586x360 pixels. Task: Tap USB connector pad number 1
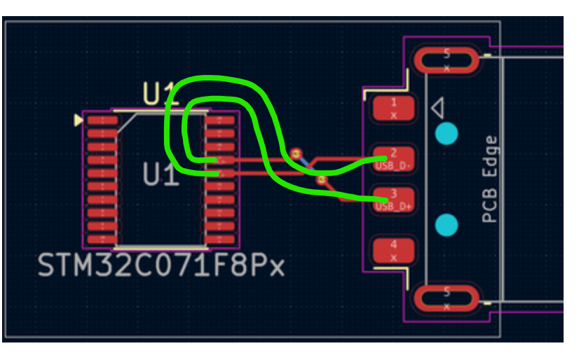click(x=393, y=108)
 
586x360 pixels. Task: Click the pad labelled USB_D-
click(x=393, y=159)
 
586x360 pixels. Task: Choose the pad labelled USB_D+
click(x=393, y=200)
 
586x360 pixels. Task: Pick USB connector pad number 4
click(x=393, y=250)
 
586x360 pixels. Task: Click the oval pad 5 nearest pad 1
click(x=447, y=60)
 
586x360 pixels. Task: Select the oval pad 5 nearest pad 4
click(x=447, y=299)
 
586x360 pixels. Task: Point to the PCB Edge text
click(x=490, y=179)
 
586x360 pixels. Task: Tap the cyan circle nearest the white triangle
click(x=446, y=133)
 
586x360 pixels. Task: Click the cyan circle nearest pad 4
click(x=446, y=226)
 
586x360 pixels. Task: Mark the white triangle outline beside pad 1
click(x=437, y=109)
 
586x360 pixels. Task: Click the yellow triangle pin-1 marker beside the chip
click(x=78, y=120)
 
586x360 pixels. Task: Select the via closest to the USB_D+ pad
click(x=322, y=180)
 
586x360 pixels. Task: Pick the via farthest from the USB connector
click(x=296, y=152)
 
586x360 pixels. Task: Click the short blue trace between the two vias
click(x=308, y=166)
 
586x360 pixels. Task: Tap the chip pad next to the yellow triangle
click(x=102, y=121)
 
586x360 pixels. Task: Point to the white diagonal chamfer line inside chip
click(x=127, y=124)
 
